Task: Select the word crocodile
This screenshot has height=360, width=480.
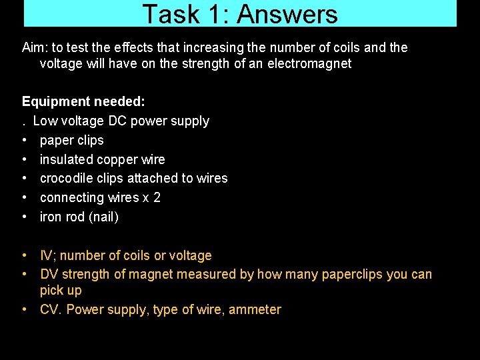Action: [x=65, y=178]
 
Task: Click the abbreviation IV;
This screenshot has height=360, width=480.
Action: [x=47, y=255]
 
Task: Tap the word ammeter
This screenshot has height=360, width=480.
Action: [x=255, y=309]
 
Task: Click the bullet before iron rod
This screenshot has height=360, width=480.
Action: [x=25, y=217]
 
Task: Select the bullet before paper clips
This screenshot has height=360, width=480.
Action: [x=25, y=140]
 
